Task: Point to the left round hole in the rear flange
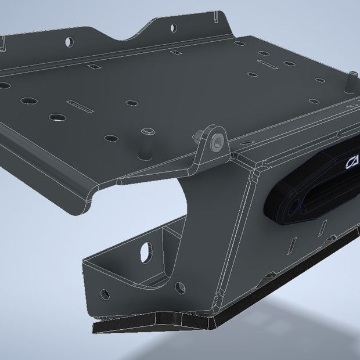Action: (x=69, y=42)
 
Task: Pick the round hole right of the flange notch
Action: (x=174, y=27)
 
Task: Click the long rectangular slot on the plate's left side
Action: (x=78, y=105)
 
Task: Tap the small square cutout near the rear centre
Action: (x=174, y=51)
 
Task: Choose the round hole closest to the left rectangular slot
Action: (x=57, y=117)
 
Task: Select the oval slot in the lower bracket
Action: (x=146, y=250)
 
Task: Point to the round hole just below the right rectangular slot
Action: (x=251, y=74)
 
